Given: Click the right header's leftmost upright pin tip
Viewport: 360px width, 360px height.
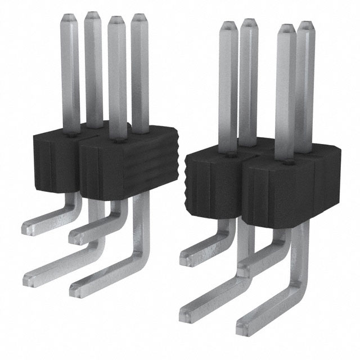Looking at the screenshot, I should tap(228, 25).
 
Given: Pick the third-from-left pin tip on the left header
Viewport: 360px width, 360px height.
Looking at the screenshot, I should tap(116, 20).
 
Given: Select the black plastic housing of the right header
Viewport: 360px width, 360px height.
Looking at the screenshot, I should tap(264, 180).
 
